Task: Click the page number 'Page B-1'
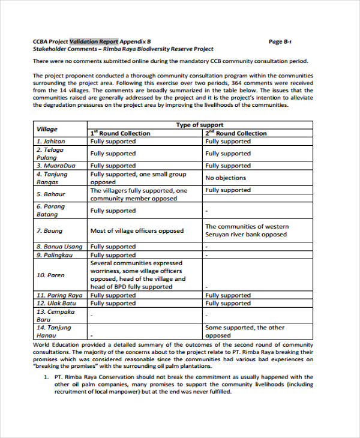point(280,41)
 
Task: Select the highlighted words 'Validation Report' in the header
point(94,41)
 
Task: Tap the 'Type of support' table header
point(200,125)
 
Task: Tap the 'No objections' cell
point(226,178)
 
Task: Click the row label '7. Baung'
point(49,230)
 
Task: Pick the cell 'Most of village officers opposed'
point(137,230)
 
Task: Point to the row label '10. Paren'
point(50,275)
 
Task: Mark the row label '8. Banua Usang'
point(59,247)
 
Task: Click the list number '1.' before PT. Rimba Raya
point(46,377)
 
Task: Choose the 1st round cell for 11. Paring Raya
point(113,295)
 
